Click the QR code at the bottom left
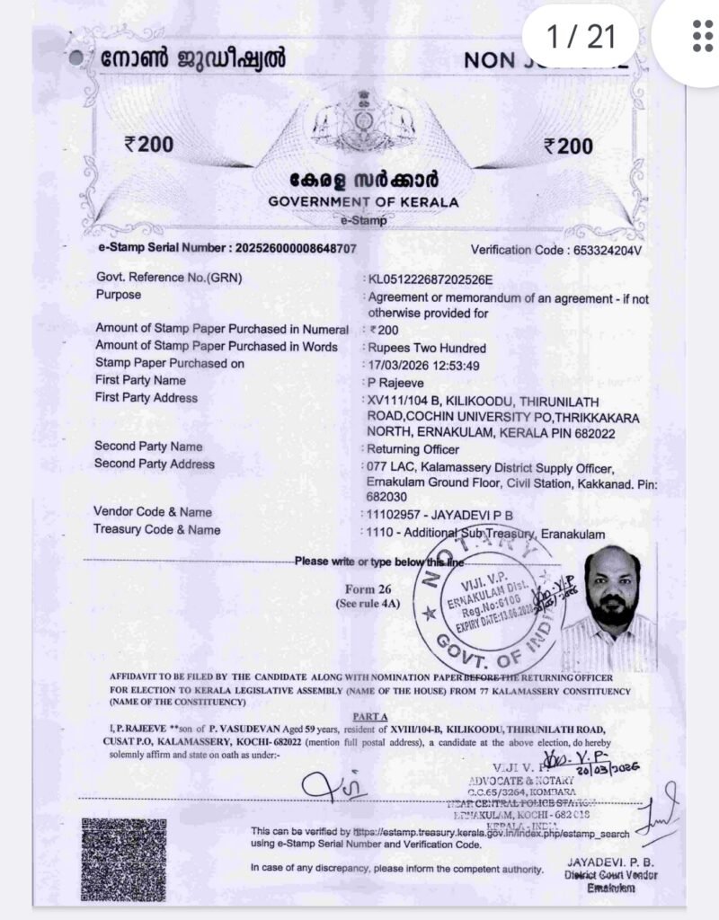[123, 860]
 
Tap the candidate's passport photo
[618, 611]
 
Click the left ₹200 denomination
[150, 145]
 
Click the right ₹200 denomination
[569, 146]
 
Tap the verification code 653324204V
[607, 251]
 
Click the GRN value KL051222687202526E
[431, 279]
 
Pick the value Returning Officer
[413, 448]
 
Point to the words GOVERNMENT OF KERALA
[363, 201]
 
